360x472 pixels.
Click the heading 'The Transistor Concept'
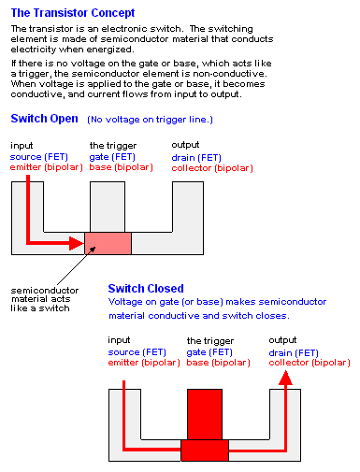tap(73, 13)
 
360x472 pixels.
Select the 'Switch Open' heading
tap(44, 119)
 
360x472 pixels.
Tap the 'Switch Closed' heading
tap(146, 289)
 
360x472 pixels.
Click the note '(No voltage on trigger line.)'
tap(150, 120)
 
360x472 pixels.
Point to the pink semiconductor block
tap(108, 243)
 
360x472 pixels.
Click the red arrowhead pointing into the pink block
tap(77, 243)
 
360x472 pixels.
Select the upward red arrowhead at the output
tap(285, 378)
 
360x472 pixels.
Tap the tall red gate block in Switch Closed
tap(205, 414)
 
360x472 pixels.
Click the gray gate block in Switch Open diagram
tap(108, 207)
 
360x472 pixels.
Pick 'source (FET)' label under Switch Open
tap(39, 157)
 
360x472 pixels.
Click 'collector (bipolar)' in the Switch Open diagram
tap(212, 168)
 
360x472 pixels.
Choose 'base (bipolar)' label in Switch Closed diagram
tap(218, 363)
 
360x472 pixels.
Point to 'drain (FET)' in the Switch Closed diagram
tap(294, 353)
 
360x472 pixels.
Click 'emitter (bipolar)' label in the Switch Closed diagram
tap(144, 363)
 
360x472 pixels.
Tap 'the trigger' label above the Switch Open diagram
tap(113, 146)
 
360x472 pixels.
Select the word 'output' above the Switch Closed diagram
tap(282, 340)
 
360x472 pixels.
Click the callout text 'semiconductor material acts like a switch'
tap(45, 299)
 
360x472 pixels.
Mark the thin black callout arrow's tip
tap(95, 247)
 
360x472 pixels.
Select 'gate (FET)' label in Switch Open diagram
tap(112, 157)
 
